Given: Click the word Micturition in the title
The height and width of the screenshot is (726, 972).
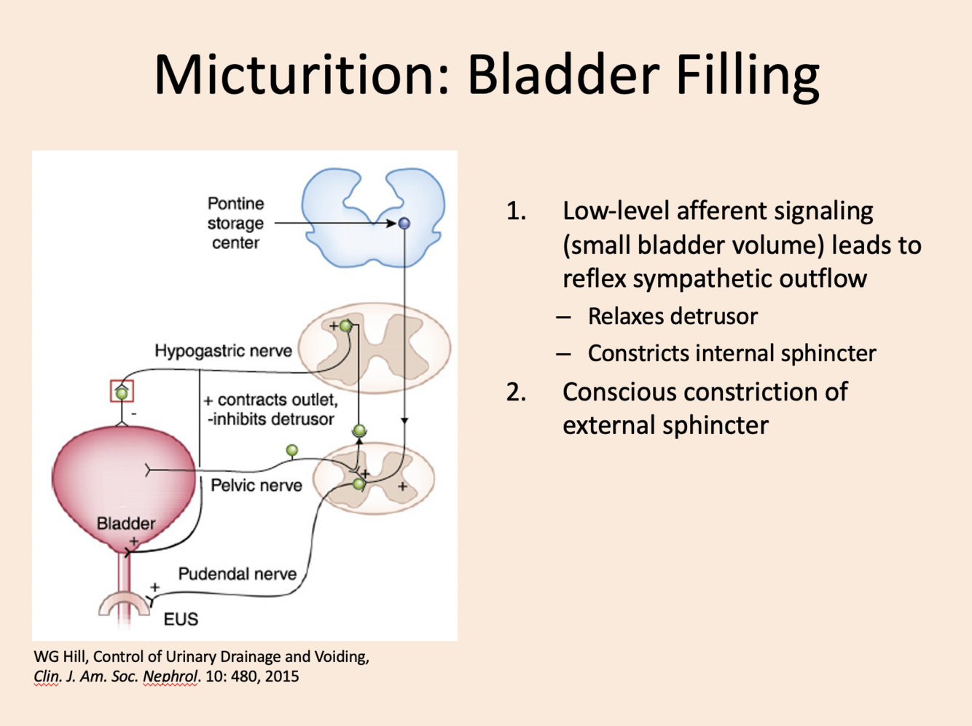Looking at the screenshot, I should point(299,75).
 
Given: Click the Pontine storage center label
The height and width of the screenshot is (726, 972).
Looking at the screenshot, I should point(235,223).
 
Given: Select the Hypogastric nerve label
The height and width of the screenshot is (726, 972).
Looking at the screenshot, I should point(223,351).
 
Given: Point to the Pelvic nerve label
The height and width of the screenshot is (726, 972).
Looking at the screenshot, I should point(256,486).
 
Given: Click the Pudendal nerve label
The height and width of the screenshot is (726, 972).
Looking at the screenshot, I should point(237,574).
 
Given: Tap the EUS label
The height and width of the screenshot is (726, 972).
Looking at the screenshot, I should point(181,620).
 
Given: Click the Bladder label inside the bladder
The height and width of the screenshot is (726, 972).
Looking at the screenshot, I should point(126,524).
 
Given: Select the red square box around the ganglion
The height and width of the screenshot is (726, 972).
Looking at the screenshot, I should point(122,392).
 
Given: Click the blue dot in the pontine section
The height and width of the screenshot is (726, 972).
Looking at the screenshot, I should point(404,224).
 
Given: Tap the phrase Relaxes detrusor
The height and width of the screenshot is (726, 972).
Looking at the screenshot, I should point(673,317).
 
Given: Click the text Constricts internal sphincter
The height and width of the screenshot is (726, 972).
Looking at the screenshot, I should point(732,354).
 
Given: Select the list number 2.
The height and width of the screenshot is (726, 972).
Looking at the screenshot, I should point(516,392).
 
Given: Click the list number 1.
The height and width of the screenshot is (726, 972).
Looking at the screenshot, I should point(516,211).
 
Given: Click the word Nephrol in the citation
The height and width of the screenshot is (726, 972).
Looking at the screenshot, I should point(170,676).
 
